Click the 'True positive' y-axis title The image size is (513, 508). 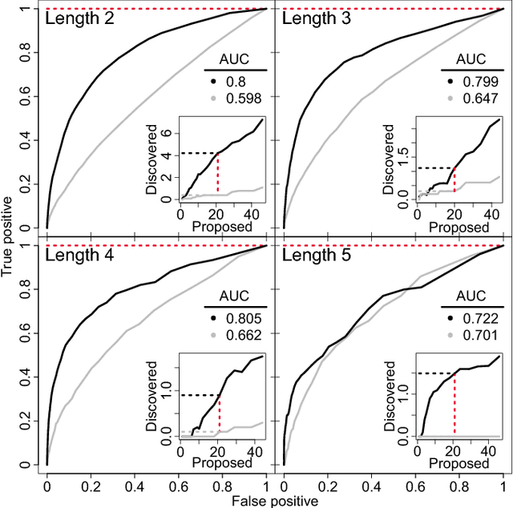tap(9, 238)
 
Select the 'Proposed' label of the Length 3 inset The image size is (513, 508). tap(453, 227)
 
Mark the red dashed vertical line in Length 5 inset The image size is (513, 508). tap(454, 404)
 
